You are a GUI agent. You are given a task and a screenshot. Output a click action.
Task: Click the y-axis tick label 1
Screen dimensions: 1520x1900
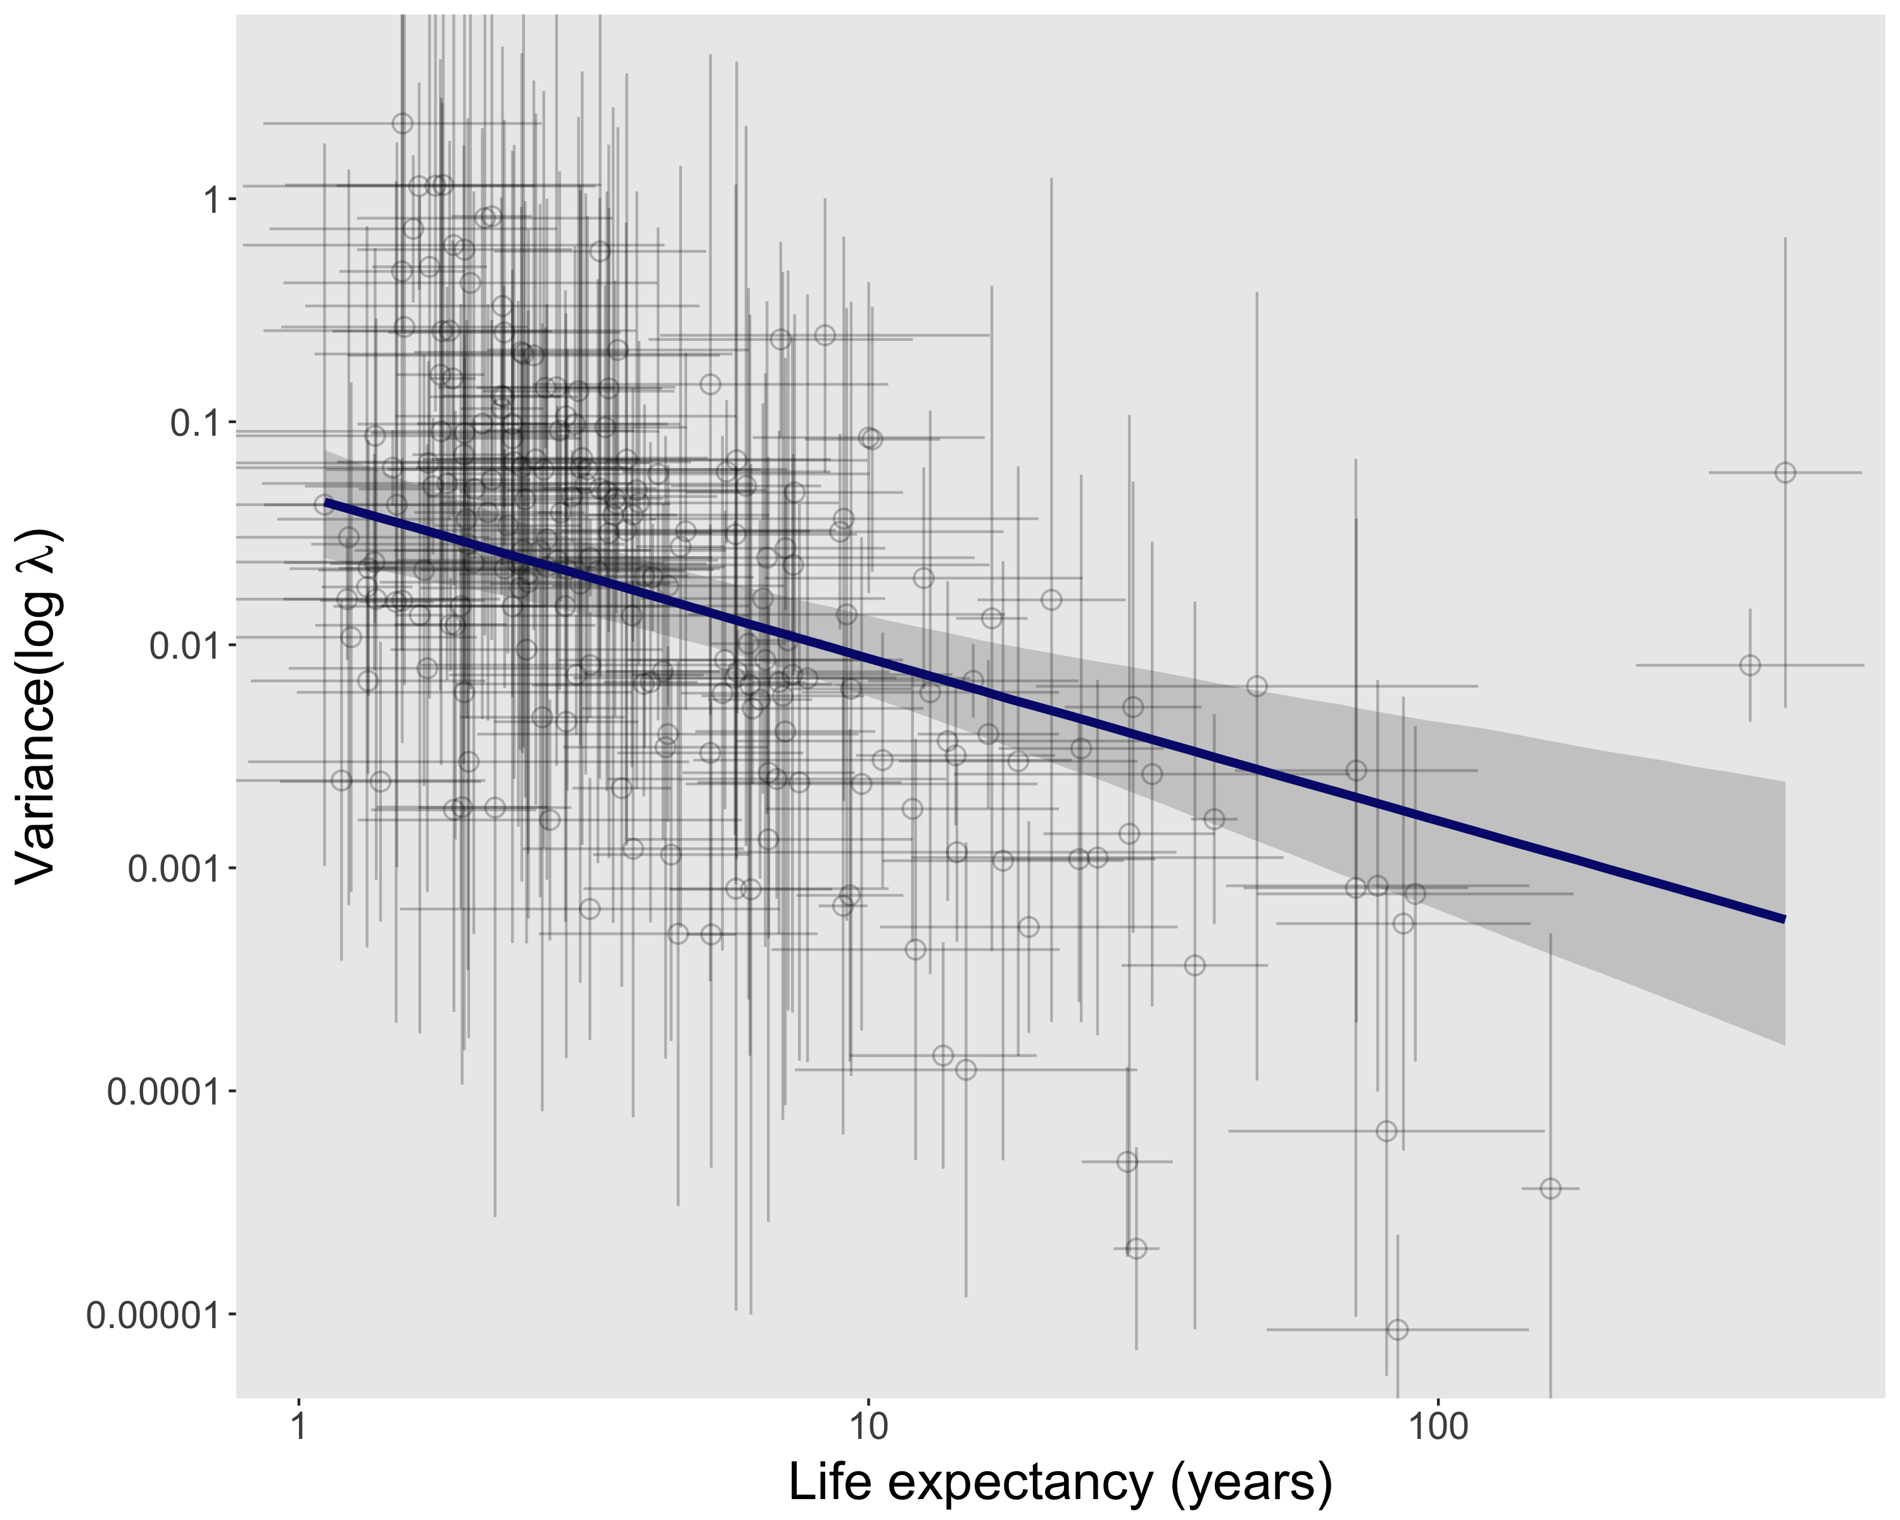coord(211,200)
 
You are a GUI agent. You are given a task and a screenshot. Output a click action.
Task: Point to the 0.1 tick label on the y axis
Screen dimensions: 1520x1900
coord(191,423)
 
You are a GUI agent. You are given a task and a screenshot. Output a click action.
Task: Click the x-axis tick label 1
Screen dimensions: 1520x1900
coord(299,1425)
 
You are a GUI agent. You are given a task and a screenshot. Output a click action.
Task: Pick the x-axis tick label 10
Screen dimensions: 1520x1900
coord(868,1425)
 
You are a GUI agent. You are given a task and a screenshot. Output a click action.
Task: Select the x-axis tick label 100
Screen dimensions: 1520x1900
coord(1437,1425)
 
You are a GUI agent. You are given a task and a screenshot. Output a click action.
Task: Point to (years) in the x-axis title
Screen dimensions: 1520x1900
coord(1251,1483)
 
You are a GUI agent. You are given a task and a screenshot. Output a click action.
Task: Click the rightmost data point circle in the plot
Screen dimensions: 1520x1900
coord(1785,472)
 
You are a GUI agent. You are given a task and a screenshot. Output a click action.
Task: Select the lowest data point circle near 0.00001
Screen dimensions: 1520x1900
coord(1396,1329)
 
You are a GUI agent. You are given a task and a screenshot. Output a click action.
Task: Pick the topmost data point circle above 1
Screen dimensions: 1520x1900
coord(402,123)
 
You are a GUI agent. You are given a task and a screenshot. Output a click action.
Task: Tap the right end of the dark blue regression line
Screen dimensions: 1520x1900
coord(1783,919)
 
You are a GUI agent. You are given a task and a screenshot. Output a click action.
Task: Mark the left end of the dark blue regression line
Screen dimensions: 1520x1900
coord(326,502)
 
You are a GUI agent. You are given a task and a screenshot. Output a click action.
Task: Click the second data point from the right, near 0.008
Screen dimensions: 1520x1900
coord(1750,665)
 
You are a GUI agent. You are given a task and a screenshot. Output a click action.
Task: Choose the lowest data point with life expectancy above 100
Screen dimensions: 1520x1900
coord(1550,1189)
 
